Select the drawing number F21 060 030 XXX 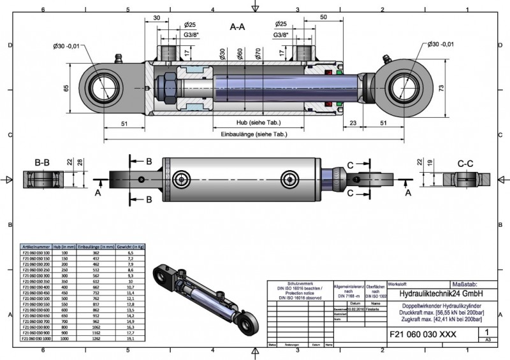pos(423,333)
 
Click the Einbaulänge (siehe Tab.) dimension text pos(253,134)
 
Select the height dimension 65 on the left pos(67,88)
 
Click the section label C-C pos(465,163)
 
